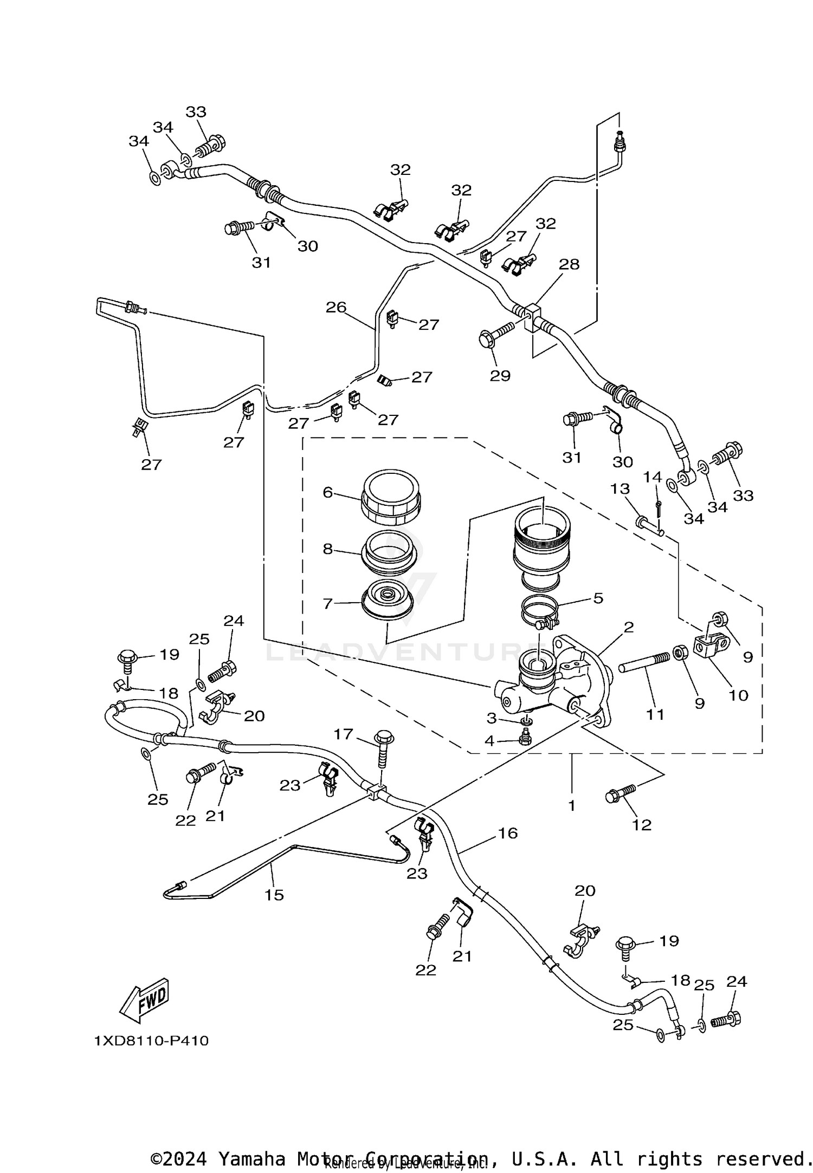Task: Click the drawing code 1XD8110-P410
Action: (151, 1041)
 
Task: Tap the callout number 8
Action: (327, 549)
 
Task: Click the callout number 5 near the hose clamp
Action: (598, 598)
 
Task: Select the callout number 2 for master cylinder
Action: (629, 627)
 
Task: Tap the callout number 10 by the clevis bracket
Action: (738, 695)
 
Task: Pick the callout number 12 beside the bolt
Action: (642, 825)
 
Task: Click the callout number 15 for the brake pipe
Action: (274, 895)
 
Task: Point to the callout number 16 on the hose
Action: (508, 833)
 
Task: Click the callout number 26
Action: (335, 307)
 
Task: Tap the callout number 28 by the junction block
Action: (569, 264)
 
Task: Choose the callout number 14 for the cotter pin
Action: (653, 477)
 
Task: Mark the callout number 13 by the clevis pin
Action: (620, 489)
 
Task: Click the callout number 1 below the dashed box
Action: (571, 805)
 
